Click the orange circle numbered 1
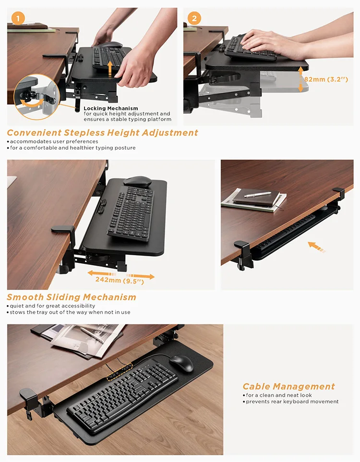click(x=18, y=19)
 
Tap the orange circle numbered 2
click(x=194, y=19)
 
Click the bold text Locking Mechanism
click(x=111, y=108)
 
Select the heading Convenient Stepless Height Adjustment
click(x=102, y=133)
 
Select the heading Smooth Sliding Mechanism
click(x=72, y=297)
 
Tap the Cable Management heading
click(x=288, y=386)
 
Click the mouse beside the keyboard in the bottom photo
click(x=181, y=363)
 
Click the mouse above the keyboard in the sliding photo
click(x=137, y=181)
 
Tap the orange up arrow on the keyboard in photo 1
click(x=110, y=68)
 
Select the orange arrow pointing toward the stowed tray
click(x=315, y=247)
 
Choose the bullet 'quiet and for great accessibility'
click(x=51, y=306)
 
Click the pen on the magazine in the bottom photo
click(x=92, y=334)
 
